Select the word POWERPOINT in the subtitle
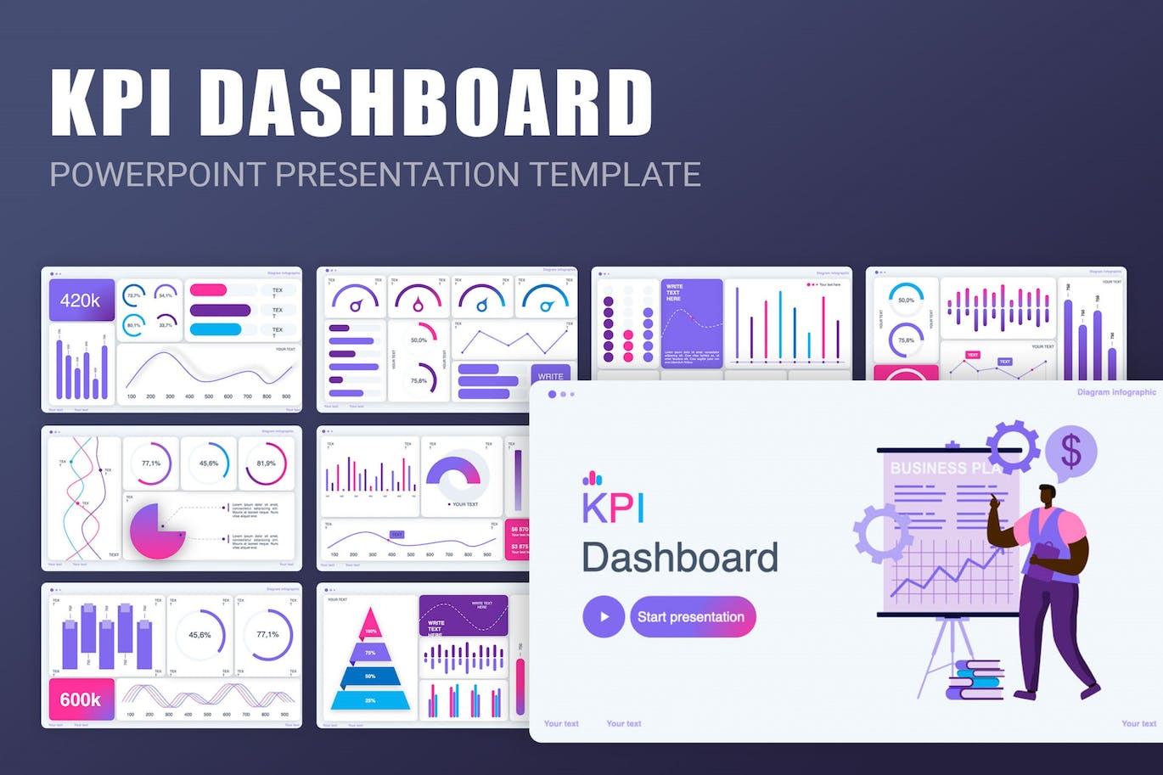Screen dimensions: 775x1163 (157, 174)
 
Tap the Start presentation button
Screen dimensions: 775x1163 (692, 617)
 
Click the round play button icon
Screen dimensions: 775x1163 (604, 617)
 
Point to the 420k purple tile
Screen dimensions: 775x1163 (81, 300)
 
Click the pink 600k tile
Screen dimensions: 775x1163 (81, 699)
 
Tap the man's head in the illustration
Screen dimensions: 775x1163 (1048, 496)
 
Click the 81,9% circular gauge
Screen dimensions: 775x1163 (266, 463)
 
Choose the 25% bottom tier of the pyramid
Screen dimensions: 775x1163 (370, 699)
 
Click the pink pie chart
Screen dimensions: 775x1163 (155, 531)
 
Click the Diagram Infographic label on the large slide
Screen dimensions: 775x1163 (1115, 392)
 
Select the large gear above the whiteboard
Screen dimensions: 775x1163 (1012, 445)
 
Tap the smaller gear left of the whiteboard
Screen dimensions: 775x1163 (882, 533)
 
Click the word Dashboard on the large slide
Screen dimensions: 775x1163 (680, 558)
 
